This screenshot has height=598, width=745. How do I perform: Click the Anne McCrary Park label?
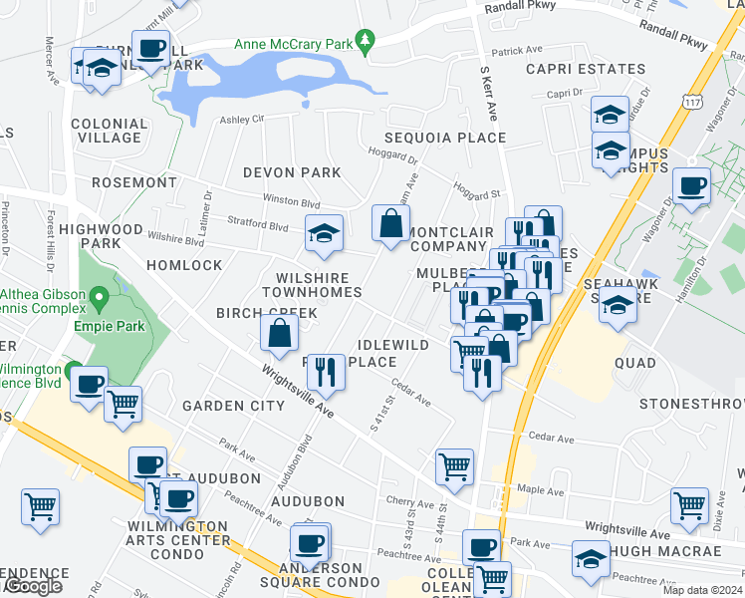[x=295, y=44]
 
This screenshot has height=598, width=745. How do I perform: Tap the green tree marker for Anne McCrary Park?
[x=367, y=42]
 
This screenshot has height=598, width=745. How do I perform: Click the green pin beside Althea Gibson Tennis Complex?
[x=98, y=297]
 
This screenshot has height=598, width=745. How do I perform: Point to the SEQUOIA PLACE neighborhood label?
[x=446, y=138]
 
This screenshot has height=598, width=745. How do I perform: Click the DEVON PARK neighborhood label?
[x=293, y=172]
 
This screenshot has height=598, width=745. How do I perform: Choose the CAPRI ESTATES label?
[x=586, y=69]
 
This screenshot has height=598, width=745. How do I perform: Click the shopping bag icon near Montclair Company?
[x=389, y=223]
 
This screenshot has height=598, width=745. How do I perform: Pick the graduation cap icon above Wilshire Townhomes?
[x=323, y=234]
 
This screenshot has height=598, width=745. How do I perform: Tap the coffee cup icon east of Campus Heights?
[x=691, y=185]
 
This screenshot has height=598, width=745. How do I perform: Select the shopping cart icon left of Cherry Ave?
[x=454, y=465]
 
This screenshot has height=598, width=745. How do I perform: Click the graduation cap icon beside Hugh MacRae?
[x=591, y=558]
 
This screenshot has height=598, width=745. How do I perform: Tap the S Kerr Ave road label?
[x=487, y=89]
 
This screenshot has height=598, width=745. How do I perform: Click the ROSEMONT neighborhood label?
[x=133, y=182]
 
